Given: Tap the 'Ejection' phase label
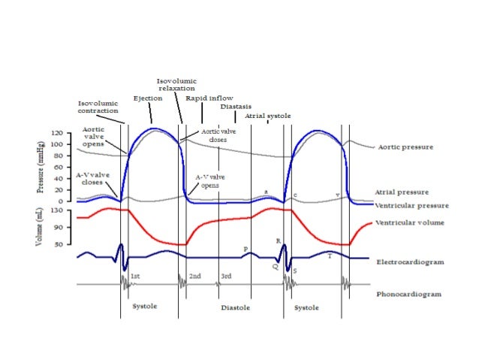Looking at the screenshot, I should point(147,98).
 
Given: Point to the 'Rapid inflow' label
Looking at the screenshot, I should point(203,98).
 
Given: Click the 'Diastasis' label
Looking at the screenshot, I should point(236,107).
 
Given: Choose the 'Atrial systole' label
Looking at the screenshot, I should point(268,116).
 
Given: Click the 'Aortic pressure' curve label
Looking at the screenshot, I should point(405,147).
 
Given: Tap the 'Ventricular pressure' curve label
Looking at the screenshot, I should point(411,204).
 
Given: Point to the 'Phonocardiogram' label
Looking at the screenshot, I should point(408,294).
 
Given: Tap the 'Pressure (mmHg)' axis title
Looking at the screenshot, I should point(41,163).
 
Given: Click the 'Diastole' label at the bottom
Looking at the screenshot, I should point(235,308).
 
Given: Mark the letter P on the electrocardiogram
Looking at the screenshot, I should point(246,249).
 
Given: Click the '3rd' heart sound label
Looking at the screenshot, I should point(226,277).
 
